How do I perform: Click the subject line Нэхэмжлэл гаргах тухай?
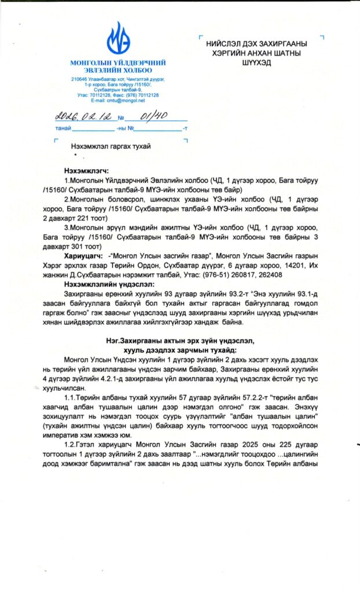[111, 146]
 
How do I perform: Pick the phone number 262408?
[267, 275]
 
